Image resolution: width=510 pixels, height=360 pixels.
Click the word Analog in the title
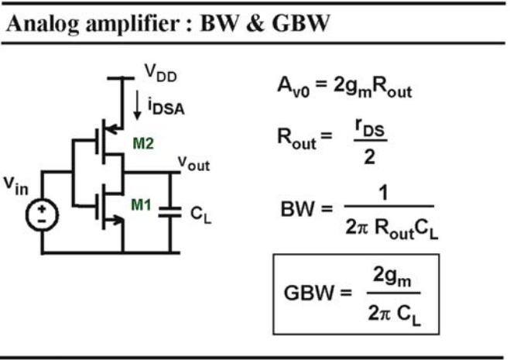pos(43,24)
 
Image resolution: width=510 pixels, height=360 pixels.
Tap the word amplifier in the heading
pos(132,24)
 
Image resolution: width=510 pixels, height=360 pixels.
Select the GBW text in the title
pos(301,23)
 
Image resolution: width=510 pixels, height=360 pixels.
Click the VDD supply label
pos(160,73)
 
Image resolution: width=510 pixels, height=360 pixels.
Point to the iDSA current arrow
pos(137,105)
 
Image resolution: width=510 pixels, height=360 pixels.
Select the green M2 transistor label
pos(143,143)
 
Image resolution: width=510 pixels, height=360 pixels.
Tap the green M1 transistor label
pos(141,204)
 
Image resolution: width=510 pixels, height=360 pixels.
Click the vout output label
pos(193,163)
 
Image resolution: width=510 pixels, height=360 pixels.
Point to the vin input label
pos(16,186)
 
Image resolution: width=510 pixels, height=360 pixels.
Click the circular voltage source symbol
pos(43,215)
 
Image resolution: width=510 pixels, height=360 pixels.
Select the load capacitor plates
pos(169,212)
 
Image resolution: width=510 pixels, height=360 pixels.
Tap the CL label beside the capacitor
pos(200,214)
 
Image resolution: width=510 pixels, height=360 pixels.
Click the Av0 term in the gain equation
pos(293,87)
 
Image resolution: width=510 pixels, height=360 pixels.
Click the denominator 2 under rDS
pos(369,157)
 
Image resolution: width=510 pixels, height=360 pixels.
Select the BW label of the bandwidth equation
pos(298,209)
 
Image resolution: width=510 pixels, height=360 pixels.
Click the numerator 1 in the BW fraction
pos(384,193)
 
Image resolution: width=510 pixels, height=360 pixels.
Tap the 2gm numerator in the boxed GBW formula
pos(392,277)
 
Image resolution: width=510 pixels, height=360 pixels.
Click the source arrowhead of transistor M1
pos(118,220)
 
